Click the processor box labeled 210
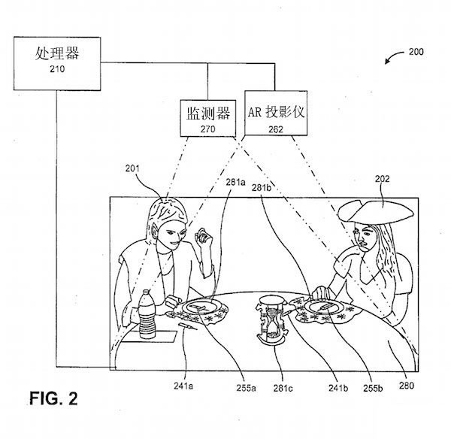tap(57, 64)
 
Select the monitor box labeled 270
tap(208, 118)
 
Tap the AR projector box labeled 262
tap(276, 113)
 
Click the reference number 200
tap(416, 52)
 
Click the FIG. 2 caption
tap(53, 398)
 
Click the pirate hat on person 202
tap(376, 211)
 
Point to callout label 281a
tap(235, 182)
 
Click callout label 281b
tap(262, 188)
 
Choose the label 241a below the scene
tap(183, 386)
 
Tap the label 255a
tap(247, 388)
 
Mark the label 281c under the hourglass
tap(283, 389)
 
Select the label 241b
tap(338, 388)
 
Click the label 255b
tap(373, 389)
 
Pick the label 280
tap(407, 386)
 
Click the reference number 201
tap(132, 168)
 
